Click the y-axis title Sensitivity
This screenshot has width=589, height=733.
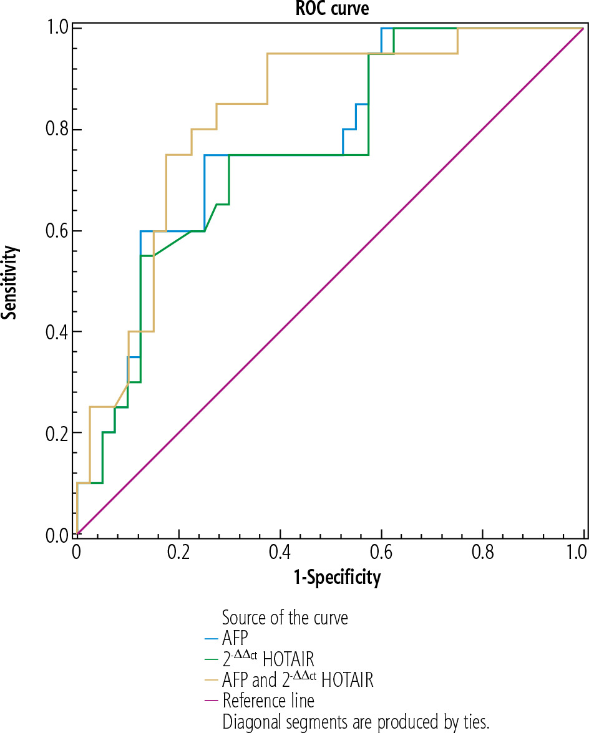pyautogui.click(x=9, y=281)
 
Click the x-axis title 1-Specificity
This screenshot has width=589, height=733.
pyautogui.click(x=337, y=578)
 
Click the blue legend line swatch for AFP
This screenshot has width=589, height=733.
pyautogui.click(x=211, y=639)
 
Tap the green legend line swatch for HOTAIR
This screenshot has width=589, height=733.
pyautogui.click(x=211, y=659)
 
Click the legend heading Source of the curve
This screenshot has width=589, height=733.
pyautogui.click(x=285, y=618)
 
